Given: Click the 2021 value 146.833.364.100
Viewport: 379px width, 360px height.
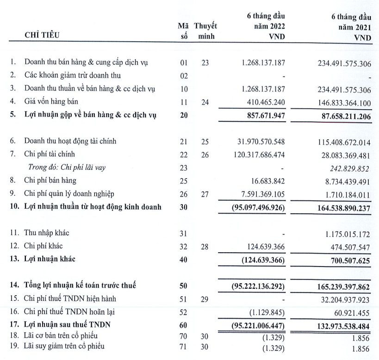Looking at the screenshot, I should point(340,101).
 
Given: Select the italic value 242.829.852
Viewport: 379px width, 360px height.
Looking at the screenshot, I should point(348,168).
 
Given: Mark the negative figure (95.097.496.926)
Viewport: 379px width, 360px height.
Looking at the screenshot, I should point(257,207).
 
